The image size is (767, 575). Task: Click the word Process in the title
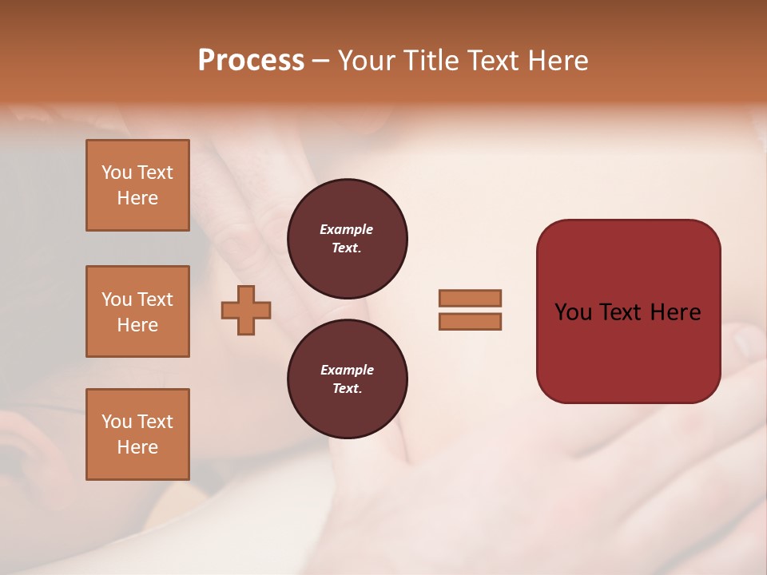(x=251, y=61)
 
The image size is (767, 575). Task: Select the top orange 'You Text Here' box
(x=137, y=185)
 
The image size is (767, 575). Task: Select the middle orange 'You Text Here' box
(x=137, y=311)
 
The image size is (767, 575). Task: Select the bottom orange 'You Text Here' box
(x=137, y=434)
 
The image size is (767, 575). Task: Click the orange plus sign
(x=246, y=310)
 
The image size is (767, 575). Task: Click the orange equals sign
(x=470, y=310)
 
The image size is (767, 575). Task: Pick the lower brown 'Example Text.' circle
(x=347, y=379)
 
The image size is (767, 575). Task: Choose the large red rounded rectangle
(x=628, y=311)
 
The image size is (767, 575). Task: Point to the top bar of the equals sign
(x=470, y=298)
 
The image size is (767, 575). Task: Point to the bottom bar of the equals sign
(x=470, y=322)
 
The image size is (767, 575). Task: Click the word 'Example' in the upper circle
(x=347, y=230)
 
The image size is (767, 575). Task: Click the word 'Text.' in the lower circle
(x=347, y=389)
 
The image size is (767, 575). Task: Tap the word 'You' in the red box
(x=573, y=312)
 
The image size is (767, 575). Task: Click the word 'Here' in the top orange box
(x=137, y=198)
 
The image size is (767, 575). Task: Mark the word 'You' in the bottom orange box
(x=117, y=422)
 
